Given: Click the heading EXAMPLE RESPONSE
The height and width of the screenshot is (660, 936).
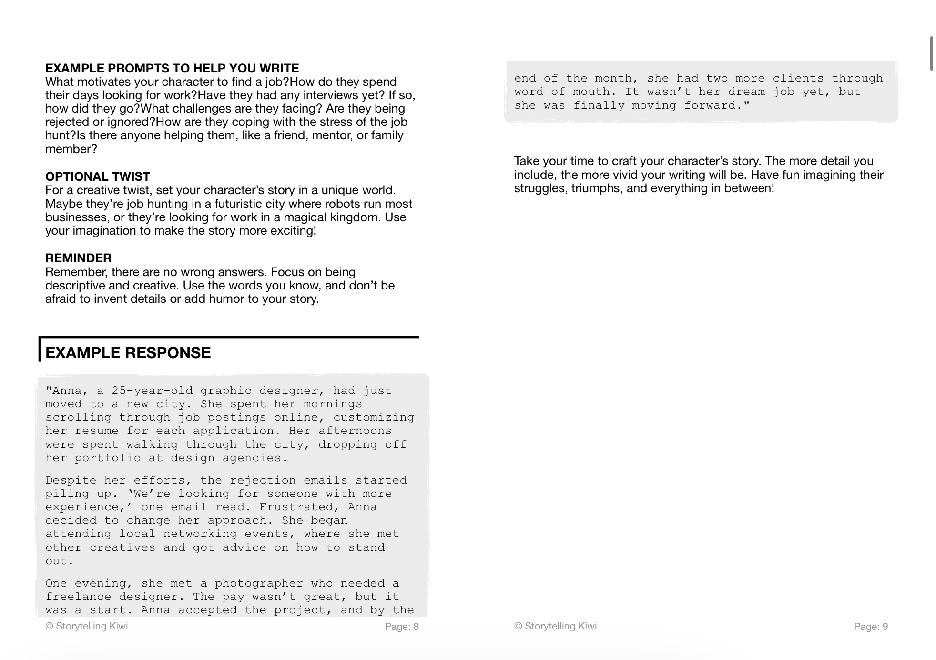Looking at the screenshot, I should click(x=128, y=353).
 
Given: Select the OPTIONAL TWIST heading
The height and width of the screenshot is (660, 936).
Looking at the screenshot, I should click(x=98, y=176).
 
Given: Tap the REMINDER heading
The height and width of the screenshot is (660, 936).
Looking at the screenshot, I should click(x=78, y=258).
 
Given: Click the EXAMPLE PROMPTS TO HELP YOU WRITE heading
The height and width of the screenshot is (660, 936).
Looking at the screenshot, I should click(x=172, y=68).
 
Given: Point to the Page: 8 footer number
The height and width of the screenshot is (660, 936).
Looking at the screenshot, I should click(x=401, y=627).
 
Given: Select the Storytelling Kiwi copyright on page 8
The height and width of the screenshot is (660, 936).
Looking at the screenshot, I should click(x=87, y=626).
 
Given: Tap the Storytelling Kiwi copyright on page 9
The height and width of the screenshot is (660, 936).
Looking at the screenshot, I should click(x=555, y=626).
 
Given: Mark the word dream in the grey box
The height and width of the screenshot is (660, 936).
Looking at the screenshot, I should click(x=746, y=92).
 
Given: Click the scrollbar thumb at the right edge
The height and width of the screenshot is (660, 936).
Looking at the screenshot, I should click(x=931, y=53).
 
